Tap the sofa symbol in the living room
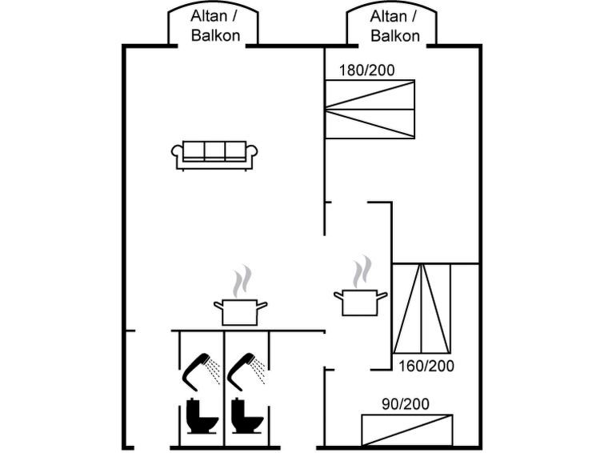(x=214, y=154)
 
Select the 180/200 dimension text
(x=367, y=70)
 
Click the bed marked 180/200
(x=370, y=109)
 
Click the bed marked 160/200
(x=422, y=308)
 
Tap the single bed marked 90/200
(x=406, y=430)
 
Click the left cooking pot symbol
(x=240, y=311)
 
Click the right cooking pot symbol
(x=360, y=301)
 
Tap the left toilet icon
(x=197, y=413)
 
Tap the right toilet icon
(x=243, y=413)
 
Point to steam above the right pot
(x=362, y=271)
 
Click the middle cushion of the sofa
(x=214, y=150)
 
